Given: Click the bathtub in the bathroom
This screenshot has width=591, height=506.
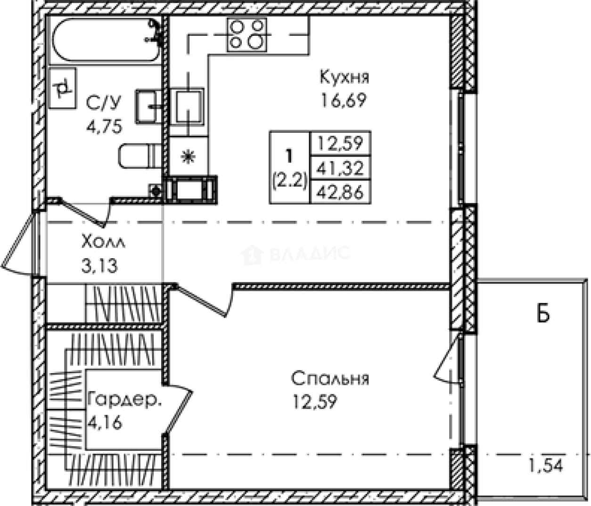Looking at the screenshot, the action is (x=106, y=40).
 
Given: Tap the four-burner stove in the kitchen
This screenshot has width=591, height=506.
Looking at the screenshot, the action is (x=247, y=35).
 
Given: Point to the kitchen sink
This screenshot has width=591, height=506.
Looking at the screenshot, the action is (x=188, y=106).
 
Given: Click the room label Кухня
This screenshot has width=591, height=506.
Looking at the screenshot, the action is (x=344, y=77).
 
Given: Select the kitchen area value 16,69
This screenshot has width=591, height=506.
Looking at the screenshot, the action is (x=344, y=100).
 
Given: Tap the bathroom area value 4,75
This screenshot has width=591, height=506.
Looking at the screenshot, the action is (x=105, y=127).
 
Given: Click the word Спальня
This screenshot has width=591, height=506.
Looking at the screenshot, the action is (x=330, y=378).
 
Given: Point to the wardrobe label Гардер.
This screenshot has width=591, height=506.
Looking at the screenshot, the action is (x=125, y=400).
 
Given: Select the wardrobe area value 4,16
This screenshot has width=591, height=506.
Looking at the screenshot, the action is (x=105, y=423).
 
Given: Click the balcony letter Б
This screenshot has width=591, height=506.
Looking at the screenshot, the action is (x=543, y=314).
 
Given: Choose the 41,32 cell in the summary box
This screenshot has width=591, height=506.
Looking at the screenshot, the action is (x=340, y=168).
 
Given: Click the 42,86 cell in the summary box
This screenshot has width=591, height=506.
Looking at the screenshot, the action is (x=340, y=192).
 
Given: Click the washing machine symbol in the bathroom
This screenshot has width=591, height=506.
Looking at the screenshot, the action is (x=63, y=88).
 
